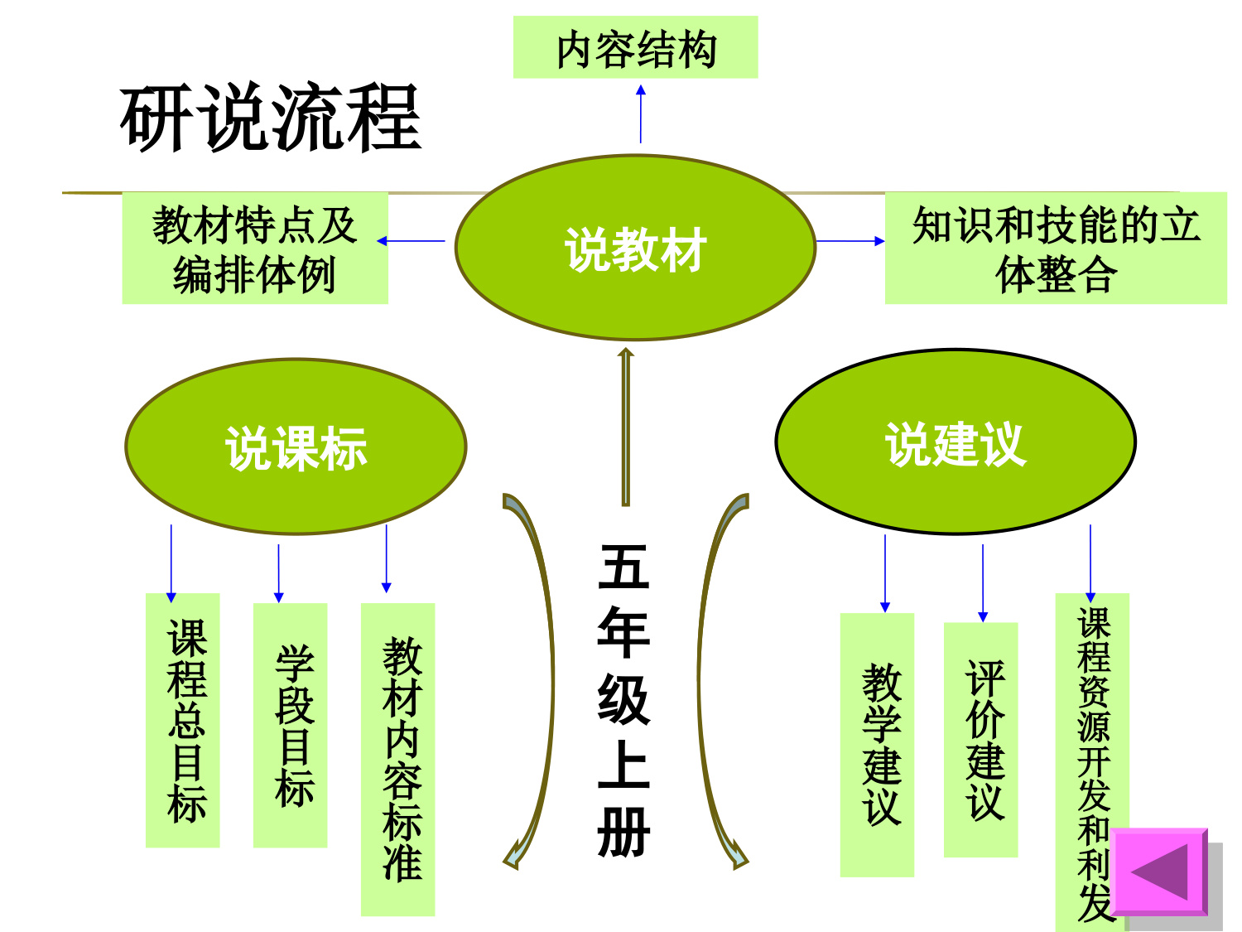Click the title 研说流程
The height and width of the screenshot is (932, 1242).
click(x=271, y=118)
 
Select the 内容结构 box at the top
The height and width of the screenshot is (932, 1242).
click(x=635, y=48)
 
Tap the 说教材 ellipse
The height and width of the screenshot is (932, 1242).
click(x=635, y=248)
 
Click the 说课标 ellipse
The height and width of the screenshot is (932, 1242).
click(x=296, y=447)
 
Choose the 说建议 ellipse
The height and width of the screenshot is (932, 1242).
click(x=956, y=442)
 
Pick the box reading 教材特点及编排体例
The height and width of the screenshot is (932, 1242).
click(x=255, y=249)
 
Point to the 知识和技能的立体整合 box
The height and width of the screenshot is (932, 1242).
click(x=1056, y=249)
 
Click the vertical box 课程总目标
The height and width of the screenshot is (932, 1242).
click(x=183, y=720)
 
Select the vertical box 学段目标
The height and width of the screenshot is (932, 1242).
click(x=290, y=725)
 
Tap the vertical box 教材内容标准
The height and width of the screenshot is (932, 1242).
click(x=398, y=759)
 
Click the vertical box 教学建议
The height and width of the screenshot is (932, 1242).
click(x=877, y=744)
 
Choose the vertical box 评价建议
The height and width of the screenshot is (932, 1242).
click(x=981, y=739)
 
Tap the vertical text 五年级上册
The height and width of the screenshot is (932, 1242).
click(x=624, y=700)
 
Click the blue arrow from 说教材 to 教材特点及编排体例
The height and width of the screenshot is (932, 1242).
click(x=412, y=241)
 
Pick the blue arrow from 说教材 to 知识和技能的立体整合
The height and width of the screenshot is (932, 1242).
click(x=850, y=241)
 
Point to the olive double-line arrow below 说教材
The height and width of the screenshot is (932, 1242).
click(x=626, y=427)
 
